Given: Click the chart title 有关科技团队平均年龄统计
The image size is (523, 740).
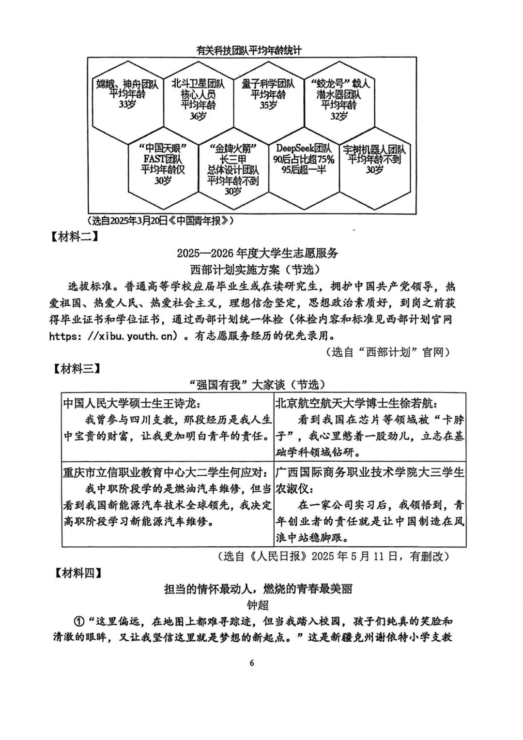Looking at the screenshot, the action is click(x=249, y=50).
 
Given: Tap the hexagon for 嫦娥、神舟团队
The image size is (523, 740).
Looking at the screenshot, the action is click(x=127, y=94).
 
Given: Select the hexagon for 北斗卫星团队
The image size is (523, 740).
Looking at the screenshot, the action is click(x=198, y=100).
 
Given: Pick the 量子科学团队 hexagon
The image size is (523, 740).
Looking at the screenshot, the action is click(x=268, y=94).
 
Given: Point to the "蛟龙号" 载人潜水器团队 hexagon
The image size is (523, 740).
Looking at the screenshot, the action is click(x=339, y=100).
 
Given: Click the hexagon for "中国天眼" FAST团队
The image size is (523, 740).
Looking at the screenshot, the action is click(x=163, y=165).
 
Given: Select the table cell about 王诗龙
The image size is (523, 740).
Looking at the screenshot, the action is click(x=168, y=426).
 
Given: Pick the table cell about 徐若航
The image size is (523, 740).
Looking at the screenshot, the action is click(x=370, y=426).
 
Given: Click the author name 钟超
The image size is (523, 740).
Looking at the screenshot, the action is click(x=258, y=605).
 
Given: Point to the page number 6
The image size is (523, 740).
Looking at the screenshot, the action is click(x=252, y=663).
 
